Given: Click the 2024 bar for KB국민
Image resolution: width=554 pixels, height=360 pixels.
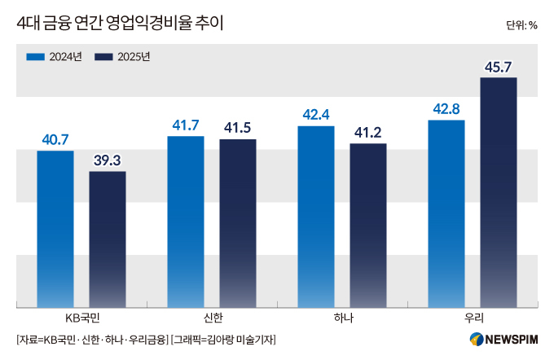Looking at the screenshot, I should pos(55,229).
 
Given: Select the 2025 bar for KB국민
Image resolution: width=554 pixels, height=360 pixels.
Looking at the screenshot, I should pos(108,239).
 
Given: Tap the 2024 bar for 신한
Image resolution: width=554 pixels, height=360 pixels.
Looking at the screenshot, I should pos(186,222).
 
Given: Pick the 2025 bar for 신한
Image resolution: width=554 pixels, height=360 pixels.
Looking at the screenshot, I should pos(238,223).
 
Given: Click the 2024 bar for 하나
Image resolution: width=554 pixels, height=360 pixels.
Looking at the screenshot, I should pos(316,217).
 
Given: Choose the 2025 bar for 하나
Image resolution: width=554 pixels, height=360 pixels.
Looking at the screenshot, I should pos(368,226).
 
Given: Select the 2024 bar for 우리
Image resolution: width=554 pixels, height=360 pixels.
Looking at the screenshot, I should pos(446,213).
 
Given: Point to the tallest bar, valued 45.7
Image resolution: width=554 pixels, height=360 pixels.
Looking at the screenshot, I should pos(499,192).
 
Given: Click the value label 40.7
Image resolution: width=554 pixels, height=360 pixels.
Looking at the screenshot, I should pos(55,140).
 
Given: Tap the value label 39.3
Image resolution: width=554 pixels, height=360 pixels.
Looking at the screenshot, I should pos(108,160).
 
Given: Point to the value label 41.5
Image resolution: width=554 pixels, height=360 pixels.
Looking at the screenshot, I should pos(238,129).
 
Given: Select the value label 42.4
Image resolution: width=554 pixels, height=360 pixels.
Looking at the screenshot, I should pos(316,115).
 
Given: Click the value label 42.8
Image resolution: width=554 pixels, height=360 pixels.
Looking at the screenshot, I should pos(446,109).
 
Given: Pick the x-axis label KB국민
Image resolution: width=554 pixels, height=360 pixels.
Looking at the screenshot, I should pos(81,318).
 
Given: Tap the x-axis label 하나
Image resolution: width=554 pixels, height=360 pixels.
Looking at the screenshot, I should pos(342,318).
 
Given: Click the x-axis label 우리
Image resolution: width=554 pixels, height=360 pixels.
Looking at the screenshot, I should pos(473,318).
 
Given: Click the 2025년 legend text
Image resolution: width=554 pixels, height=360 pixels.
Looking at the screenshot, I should pos(134,57).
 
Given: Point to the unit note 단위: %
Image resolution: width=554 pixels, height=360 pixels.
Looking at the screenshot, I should pos(521,24).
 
